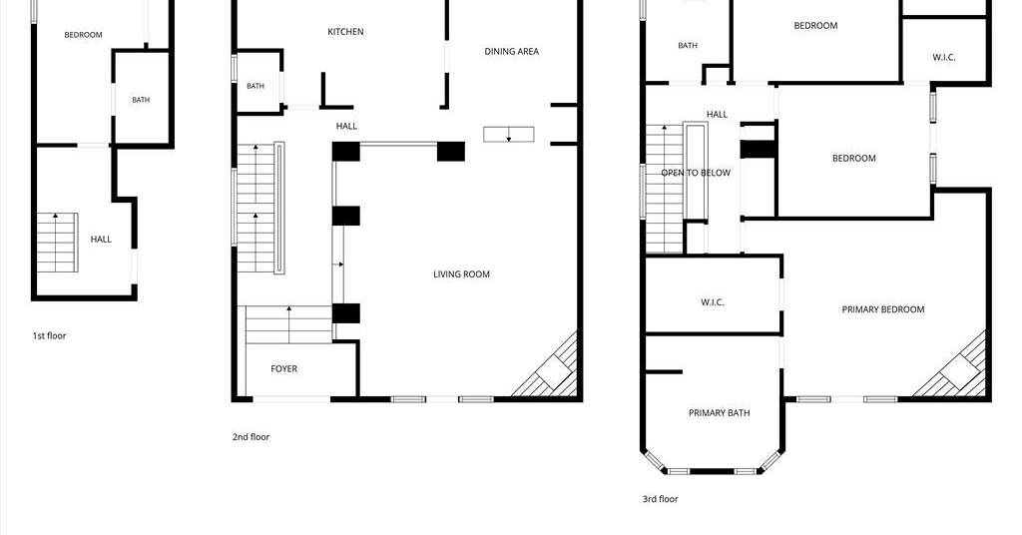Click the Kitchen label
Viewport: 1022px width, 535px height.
345,31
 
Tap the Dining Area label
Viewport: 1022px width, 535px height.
512,51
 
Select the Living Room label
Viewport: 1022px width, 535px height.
461,274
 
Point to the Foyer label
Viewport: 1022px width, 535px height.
284,369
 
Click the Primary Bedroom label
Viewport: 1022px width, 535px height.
883,309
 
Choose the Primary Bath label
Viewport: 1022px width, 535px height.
719,412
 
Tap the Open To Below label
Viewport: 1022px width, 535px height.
696,173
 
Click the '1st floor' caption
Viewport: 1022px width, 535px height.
50,335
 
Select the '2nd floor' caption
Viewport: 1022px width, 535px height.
251,436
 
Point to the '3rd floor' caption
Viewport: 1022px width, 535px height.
661,498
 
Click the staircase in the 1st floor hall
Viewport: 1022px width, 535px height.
57,243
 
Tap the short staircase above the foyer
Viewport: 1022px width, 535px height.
288,324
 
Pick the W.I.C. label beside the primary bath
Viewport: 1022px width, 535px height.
713,302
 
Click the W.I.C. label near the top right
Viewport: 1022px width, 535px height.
944,57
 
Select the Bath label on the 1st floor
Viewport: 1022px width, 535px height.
141,100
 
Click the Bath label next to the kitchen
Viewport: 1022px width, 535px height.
255,86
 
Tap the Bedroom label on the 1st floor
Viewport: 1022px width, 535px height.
84,35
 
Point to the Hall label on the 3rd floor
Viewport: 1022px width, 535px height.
717,114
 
